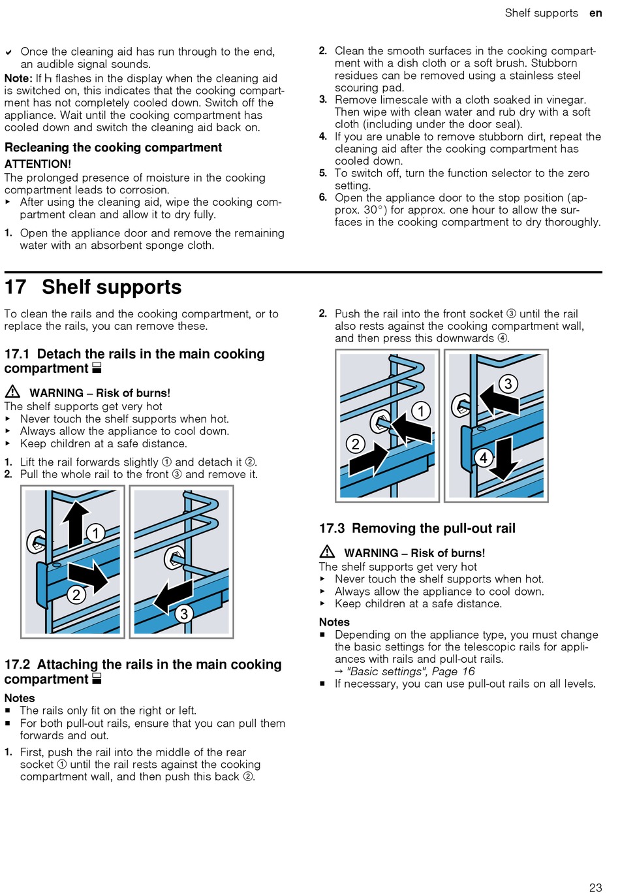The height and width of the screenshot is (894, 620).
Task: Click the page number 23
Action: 595,887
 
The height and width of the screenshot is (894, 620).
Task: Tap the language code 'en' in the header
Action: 595,13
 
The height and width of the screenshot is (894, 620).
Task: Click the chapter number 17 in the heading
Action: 16,287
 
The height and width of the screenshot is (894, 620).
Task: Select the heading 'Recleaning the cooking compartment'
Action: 113,148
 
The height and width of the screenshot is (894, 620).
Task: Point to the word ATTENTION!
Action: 38,164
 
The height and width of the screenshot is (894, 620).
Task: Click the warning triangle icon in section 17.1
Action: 12,392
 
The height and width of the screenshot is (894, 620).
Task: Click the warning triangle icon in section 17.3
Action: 327,552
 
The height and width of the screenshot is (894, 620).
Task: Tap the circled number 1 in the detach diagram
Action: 95,533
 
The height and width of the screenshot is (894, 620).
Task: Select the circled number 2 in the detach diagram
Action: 76,594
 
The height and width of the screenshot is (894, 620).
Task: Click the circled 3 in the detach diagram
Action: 184,613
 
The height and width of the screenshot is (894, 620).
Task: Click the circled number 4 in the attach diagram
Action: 484,458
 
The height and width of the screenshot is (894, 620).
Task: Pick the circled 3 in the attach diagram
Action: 508,383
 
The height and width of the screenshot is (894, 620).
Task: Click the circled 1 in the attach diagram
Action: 421,411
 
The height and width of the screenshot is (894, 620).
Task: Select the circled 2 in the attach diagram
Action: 355,444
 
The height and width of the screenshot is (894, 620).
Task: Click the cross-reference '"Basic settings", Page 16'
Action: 411,671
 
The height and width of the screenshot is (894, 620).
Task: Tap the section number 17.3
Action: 332,528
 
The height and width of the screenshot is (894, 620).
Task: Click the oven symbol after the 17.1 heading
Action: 97,368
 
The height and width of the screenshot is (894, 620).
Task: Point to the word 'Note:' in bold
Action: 18,78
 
